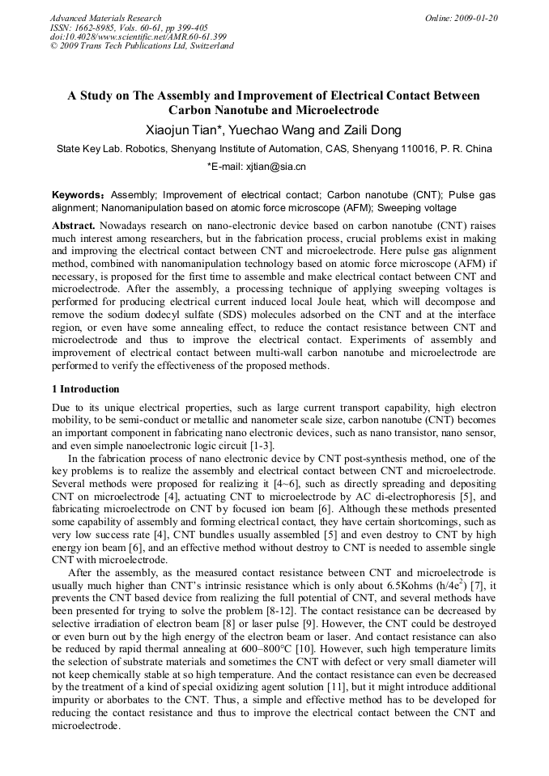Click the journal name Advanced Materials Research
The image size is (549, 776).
coord(105,18)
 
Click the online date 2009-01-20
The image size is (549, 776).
coord(475,18)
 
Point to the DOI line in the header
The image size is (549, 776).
coord(138,36)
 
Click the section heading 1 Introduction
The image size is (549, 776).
coord(85,389)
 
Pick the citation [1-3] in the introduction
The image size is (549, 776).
coord(261,445)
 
